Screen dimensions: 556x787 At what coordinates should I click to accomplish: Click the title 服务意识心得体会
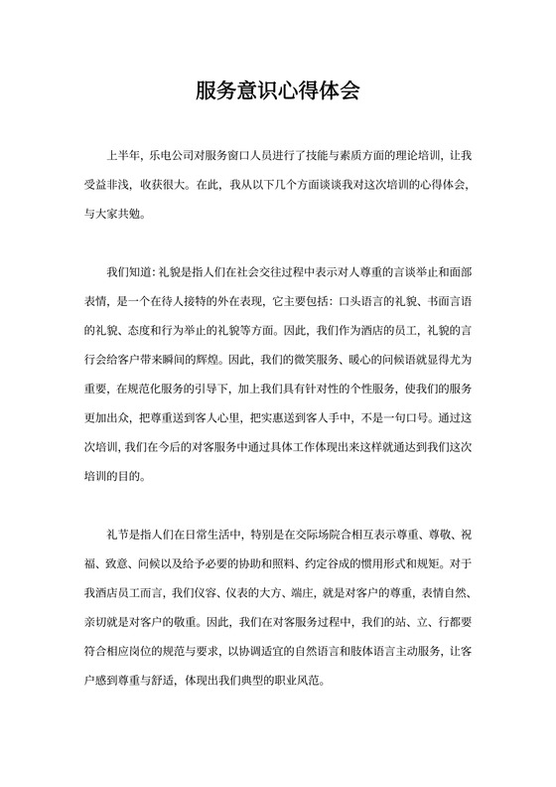(x=277, y=92)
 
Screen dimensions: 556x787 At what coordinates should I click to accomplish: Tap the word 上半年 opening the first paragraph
(x=124, y=157)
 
